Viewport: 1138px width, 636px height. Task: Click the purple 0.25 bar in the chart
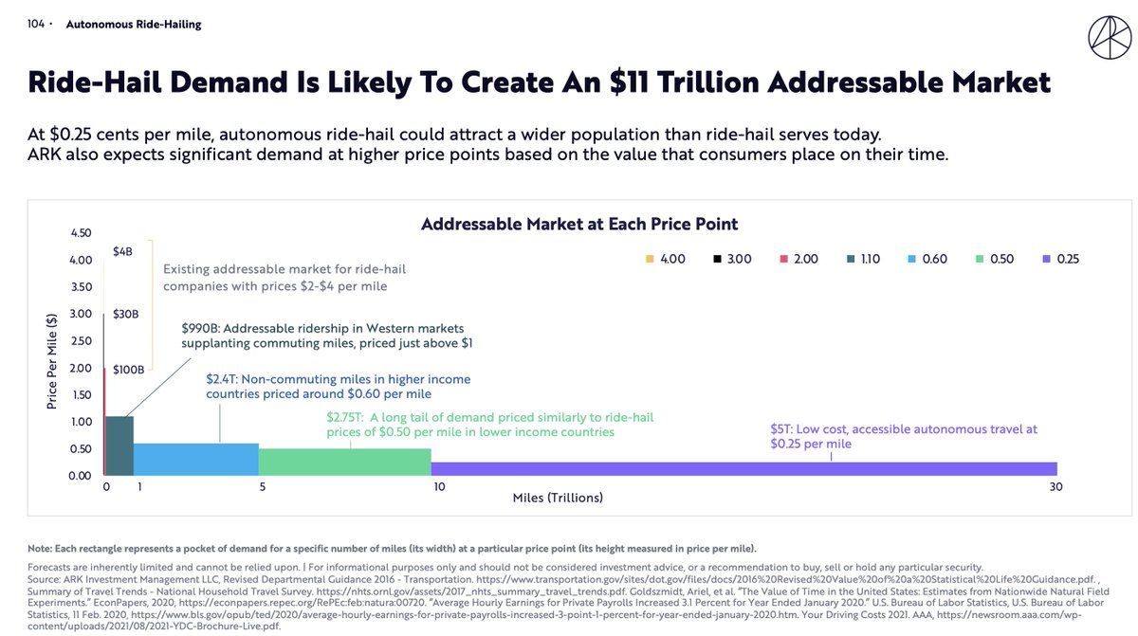click(743, 468)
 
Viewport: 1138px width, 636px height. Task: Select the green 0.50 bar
click(344, 462)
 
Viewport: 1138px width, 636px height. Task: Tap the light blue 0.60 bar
click(195, 459)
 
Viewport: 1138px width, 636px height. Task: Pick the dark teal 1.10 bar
click(119, 445)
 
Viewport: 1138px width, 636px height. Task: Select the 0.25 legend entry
click(1059, 259)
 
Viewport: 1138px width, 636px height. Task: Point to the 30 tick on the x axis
click(1055, 487)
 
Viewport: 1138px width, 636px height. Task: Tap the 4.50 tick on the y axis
click(81, 233)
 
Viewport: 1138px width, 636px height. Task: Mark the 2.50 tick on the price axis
click(81, 341)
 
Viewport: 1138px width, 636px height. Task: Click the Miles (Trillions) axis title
click(558, 498)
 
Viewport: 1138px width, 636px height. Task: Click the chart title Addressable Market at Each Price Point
click(579, 225)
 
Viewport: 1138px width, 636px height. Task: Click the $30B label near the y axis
click(126, 314)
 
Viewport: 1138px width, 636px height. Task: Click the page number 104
click(37, 25)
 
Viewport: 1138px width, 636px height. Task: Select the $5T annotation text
click(904, 436)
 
